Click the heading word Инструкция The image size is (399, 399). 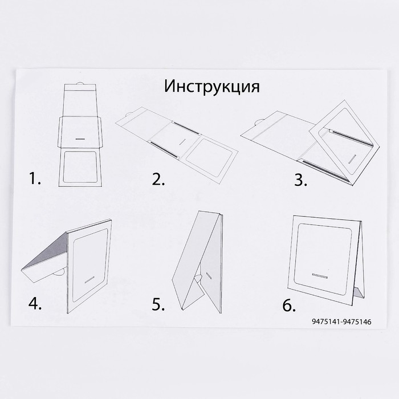(x=211, y=87)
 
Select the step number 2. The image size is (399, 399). (x=158, y=180)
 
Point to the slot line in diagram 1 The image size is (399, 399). (x=80, y=138)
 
